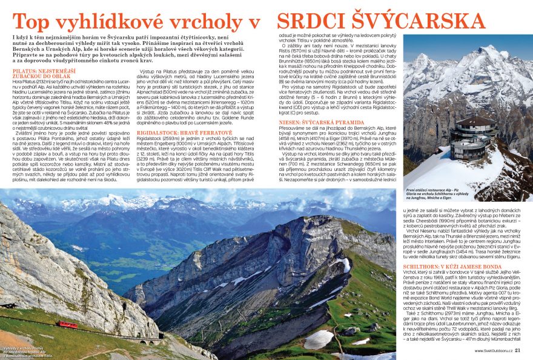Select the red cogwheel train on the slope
click(x=67, y=325)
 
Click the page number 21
click(x=526, y=350)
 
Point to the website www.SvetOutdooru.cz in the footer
click(x=492, y=350)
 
